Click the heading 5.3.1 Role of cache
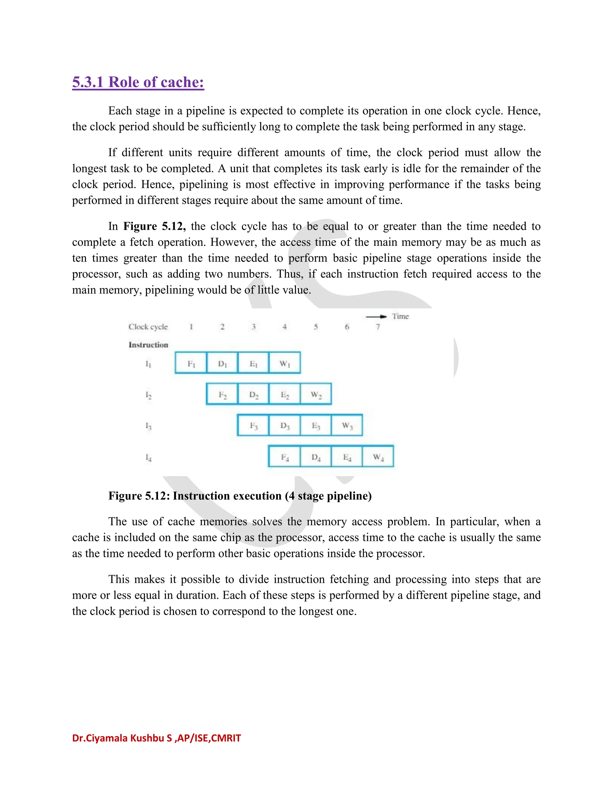tap(138, 82)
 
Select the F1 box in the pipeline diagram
tap(191, 363)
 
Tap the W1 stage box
tap(285, 363)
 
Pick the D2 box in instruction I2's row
tap(254, 394)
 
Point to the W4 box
tap(378, 457)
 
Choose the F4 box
tap(285, 457)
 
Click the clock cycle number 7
tap(378, 327)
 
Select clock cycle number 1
tap(191, 327)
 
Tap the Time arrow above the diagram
tap(376, 317)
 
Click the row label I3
tap(148, 426)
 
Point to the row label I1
tap(148, 363)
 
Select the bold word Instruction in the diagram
tap(148, 345)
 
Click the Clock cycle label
tap(148, 327)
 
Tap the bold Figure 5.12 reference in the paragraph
tap(154, 227)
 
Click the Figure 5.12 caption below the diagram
tap(240, 496)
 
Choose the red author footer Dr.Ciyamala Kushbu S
tap(156, 738)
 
